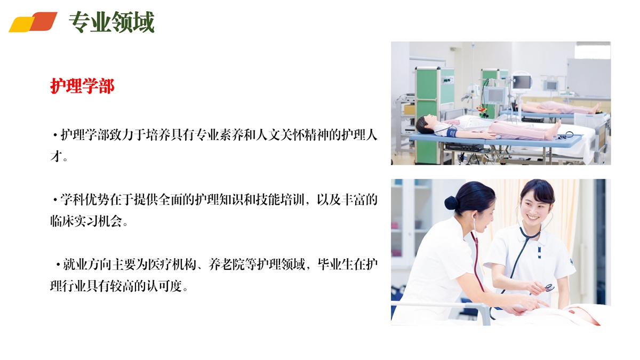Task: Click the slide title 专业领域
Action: tap(111, 22)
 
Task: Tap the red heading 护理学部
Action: tap(82, 86)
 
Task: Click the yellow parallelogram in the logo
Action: tap(21, 25)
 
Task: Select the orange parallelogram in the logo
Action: tap(43, 21)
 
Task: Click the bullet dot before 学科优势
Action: tap(55, 200)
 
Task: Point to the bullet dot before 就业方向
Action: tap(58, 265)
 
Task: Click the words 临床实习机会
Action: tap(86, 221)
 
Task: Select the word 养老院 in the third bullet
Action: tap(226, 265)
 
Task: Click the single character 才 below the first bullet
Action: tap(57, 156)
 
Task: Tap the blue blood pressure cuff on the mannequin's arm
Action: tap(452, 133)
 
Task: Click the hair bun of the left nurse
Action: tap(451, 203)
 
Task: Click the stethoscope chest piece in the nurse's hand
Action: tap(549, 287)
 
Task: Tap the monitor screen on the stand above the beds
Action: tap(522, 82)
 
